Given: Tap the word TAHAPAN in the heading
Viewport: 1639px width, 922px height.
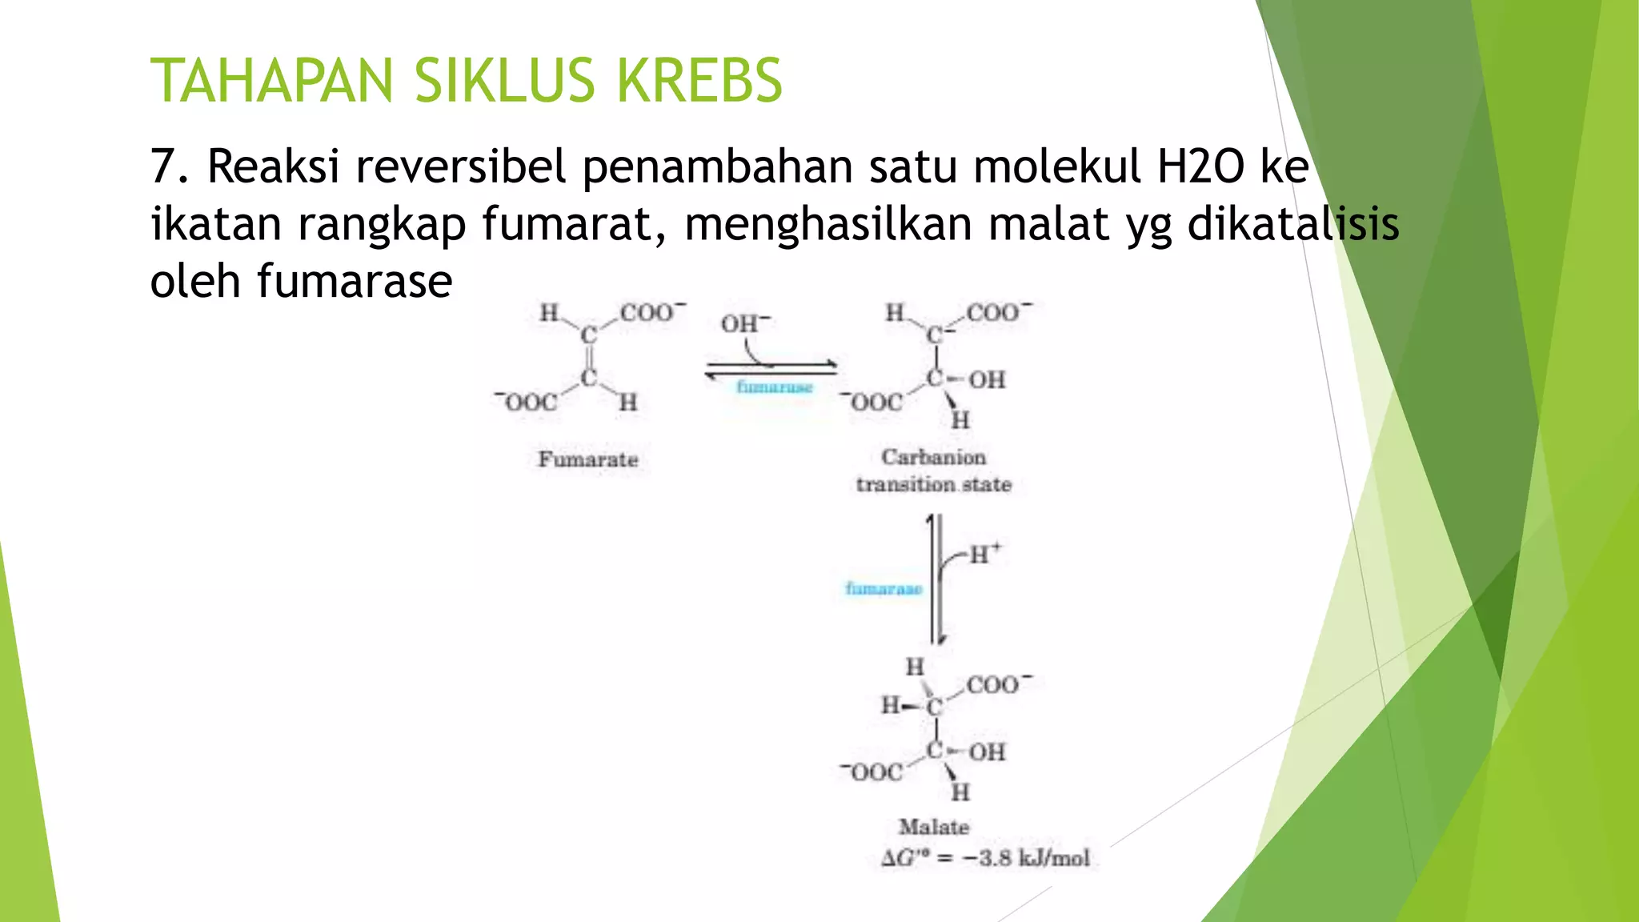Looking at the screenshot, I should point(272,81).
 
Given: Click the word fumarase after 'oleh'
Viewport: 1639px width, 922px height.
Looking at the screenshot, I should point(355,281).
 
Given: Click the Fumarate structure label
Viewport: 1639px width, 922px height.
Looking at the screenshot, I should point(588,459).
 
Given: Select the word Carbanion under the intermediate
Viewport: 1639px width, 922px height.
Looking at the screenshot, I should point(933,457).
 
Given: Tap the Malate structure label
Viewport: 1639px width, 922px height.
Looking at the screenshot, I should point(933,827).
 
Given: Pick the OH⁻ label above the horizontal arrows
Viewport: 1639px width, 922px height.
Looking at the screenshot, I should point(745,324).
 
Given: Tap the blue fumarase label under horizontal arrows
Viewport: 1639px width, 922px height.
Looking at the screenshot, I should point(774,387).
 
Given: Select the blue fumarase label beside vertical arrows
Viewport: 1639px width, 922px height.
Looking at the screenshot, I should point(884,589).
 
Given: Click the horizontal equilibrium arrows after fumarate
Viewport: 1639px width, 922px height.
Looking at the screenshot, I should point(771,369).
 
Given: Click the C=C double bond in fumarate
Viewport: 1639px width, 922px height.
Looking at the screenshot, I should point(589,356).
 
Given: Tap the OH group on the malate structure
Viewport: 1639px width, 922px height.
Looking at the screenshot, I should point(988,752).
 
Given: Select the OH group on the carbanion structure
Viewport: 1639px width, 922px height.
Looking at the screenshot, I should point(988,379).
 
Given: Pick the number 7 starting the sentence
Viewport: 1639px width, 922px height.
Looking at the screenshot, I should point(162,166).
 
